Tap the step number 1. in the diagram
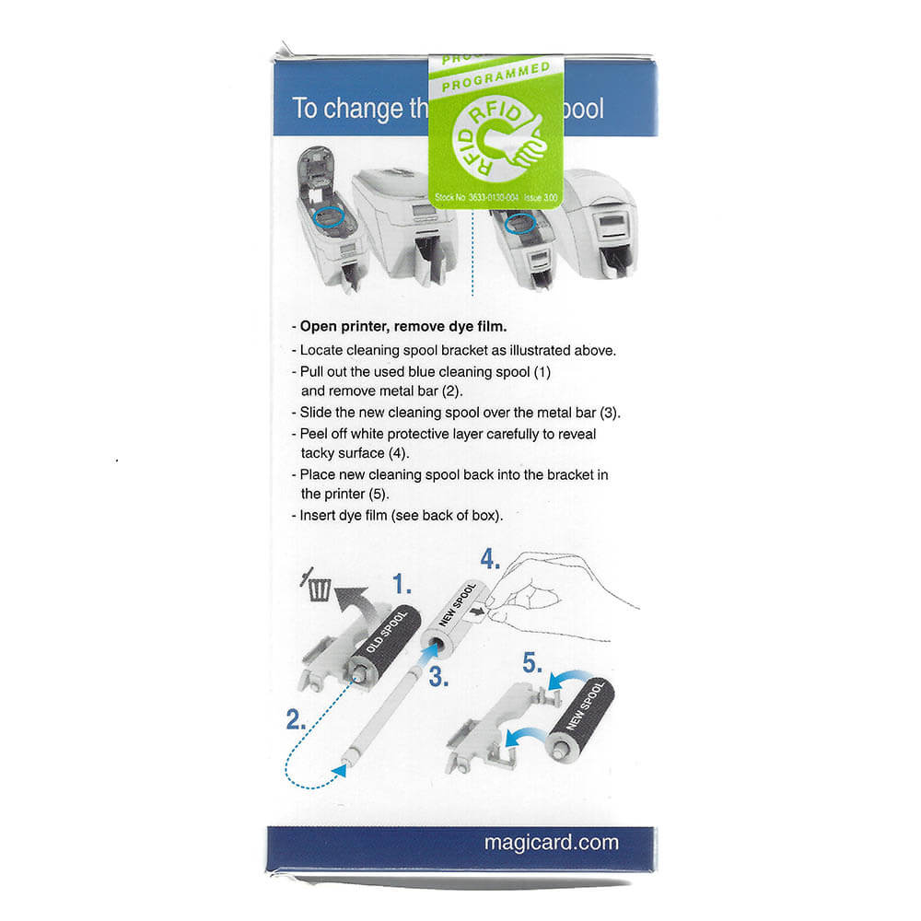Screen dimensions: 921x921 (402, 584)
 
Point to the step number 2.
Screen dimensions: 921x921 (296, 719)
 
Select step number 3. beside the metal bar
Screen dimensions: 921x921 (438, 677)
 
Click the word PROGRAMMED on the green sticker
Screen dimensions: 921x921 (495, 79)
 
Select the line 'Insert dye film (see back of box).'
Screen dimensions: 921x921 (402, 516)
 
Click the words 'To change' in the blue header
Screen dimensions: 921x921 (333, 109)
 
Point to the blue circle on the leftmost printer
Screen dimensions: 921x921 (328, 215)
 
